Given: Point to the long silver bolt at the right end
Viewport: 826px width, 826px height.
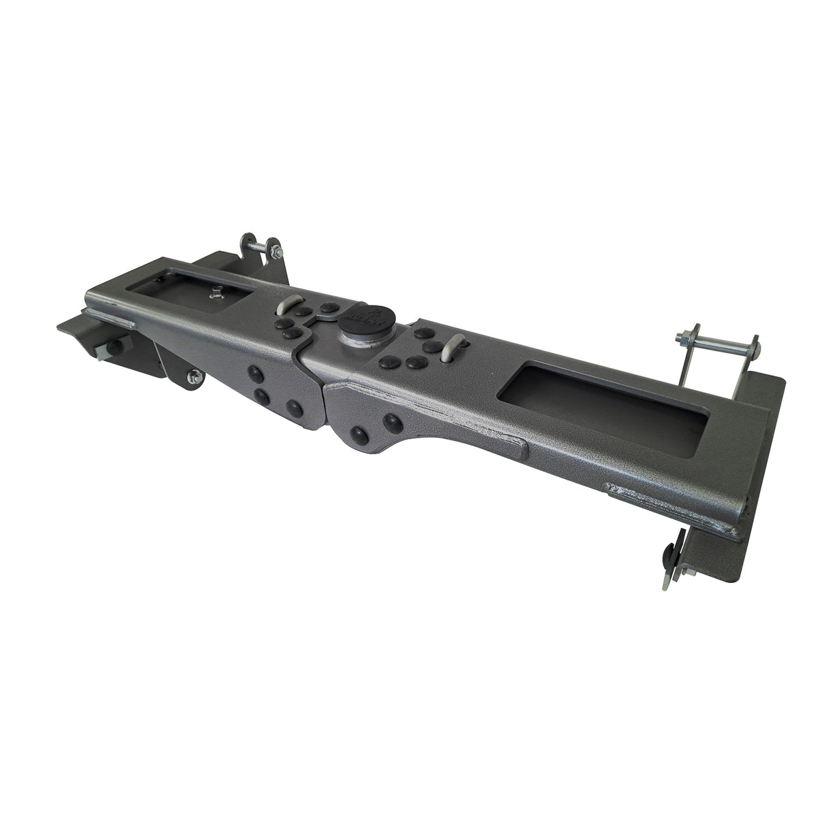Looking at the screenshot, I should [714, 348].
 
